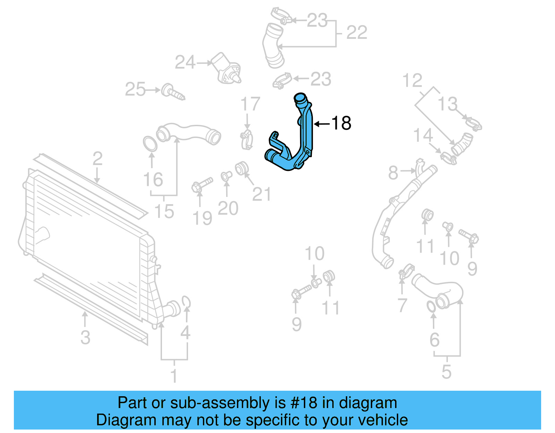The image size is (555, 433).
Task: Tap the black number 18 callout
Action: (341, 123)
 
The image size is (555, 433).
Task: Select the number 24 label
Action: (185, 63)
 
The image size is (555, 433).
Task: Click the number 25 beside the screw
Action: (135, 89)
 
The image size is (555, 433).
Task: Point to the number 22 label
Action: (357, 33)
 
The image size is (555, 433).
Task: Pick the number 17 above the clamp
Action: (250, 104)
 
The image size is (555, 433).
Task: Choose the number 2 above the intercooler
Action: (97, 159)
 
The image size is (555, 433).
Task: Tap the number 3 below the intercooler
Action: (85, 338)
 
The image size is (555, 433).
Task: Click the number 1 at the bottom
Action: (174, 376)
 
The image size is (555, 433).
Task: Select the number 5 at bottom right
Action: (446, 372)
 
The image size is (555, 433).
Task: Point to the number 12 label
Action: (412, 81)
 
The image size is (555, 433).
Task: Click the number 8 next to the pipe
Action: (393, 173)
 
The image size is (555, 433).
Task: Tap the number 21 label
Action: (261, 194)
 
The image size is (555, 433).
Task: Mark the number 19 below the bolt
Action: (202, 218)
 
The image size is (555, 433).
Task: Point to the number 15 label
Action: (164, 211)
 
